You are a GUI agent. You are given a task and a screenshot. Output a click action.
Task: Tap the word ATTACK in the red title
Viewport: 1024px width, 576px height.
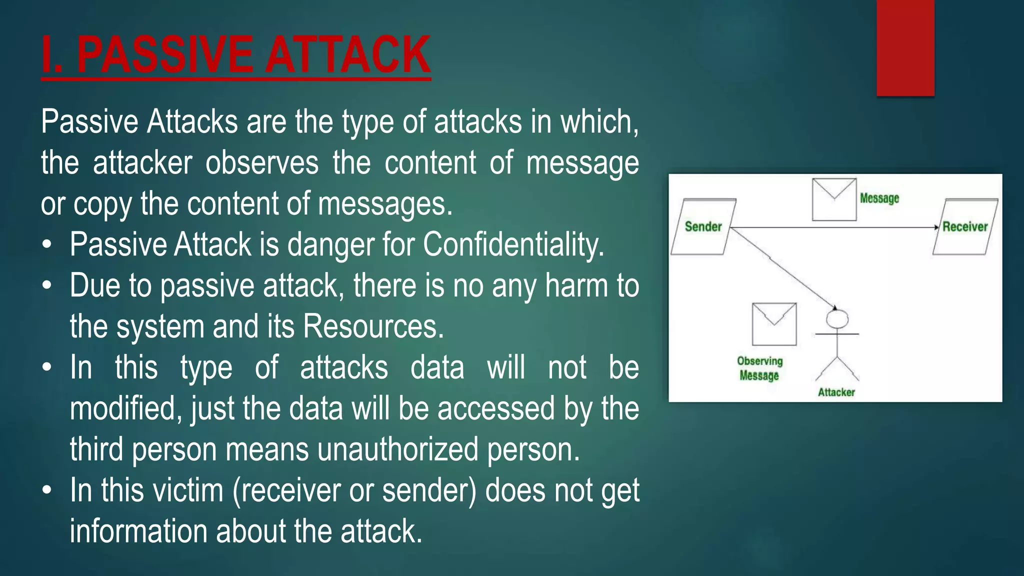click(x=347, y=55)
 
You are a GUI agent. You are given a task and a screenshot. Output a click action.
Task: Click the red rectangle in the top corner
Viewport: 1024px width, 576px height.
click(x=905, y=47)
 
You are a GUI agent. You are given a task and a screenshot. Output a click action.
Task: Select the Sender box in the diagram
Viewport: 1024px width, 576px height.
click(x=703, y=227)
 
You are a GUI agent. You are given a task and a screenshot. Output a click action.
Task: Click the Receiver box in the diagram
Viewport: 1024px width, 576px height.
click(x=965, y=227)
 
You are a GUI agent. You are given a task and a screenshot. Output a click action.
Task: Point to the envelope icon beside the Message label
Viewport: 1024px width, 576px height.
click(x=834, y=199)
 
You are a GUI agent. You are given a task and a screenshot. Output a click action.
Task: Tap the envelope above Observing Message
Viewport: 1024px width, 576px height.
click(x=774, y=324)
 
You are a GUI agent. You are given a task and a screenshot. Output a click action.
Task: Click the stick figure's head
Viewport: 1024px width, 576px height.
click(x=837, y=318)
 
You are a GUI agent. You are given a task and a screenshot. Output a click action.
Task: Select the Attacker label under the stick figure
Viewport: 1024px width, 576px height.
click(x=836, y=392)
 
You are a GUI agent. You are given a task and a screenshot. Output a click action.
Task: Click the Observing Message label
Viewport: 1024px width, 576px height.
click(x=759, y=368)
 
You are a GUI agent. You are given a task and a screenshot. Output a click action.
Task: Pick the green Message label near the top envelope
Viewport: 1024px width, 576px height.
click(x=879, y=198)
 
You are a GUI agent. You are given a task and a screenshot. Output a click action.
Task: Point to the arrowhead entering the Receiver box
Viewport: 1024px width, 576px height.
click(x=936, y=227)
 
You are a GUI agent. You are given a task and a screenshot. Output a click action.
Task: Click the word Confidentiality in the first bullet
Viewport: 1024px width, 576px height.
click(x=513, y=245)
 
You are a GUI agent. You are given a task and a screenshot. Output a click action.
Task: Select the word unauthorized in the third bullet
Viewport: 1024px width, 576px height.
click(x=398, y=449)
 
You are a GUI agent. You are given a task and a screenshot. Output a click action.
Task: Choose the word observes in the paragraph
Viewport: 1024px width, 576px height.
click(x=261, y=163)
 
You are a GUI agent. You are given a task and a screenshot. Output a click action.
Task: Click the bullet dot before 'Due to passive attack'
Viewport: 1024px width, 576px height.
click(x=47, y=286)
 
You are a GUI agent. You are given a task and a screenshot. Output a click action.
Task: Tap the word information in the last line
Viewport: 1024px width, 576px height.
click(x=138, y=531)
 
